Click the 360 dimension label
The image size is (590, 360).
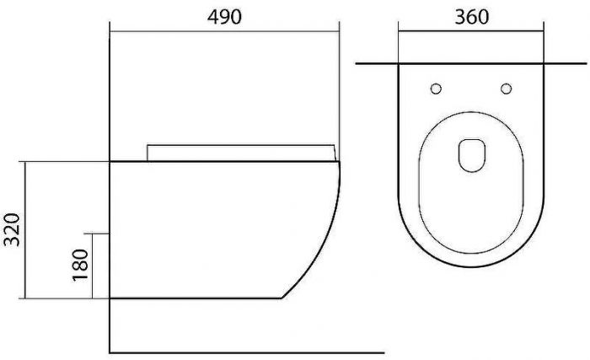click(x=471, y=17)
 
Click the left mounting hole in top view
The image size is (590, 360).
click(x=436, y=89)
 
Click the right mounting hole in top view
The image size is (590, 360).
click(x=507, y=89)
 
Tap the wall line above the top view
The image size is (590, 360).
click(x=472, y=64)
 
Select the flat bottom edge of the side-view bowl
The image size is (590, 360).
click(x=194, y=298)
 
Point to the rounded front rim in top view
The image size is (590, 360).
click(x=471, y=264)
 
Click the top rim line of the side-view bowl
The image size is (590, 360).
click(x=223, y=160)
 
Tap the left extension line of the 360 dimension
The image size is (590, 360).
click(x=399, y=42)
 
